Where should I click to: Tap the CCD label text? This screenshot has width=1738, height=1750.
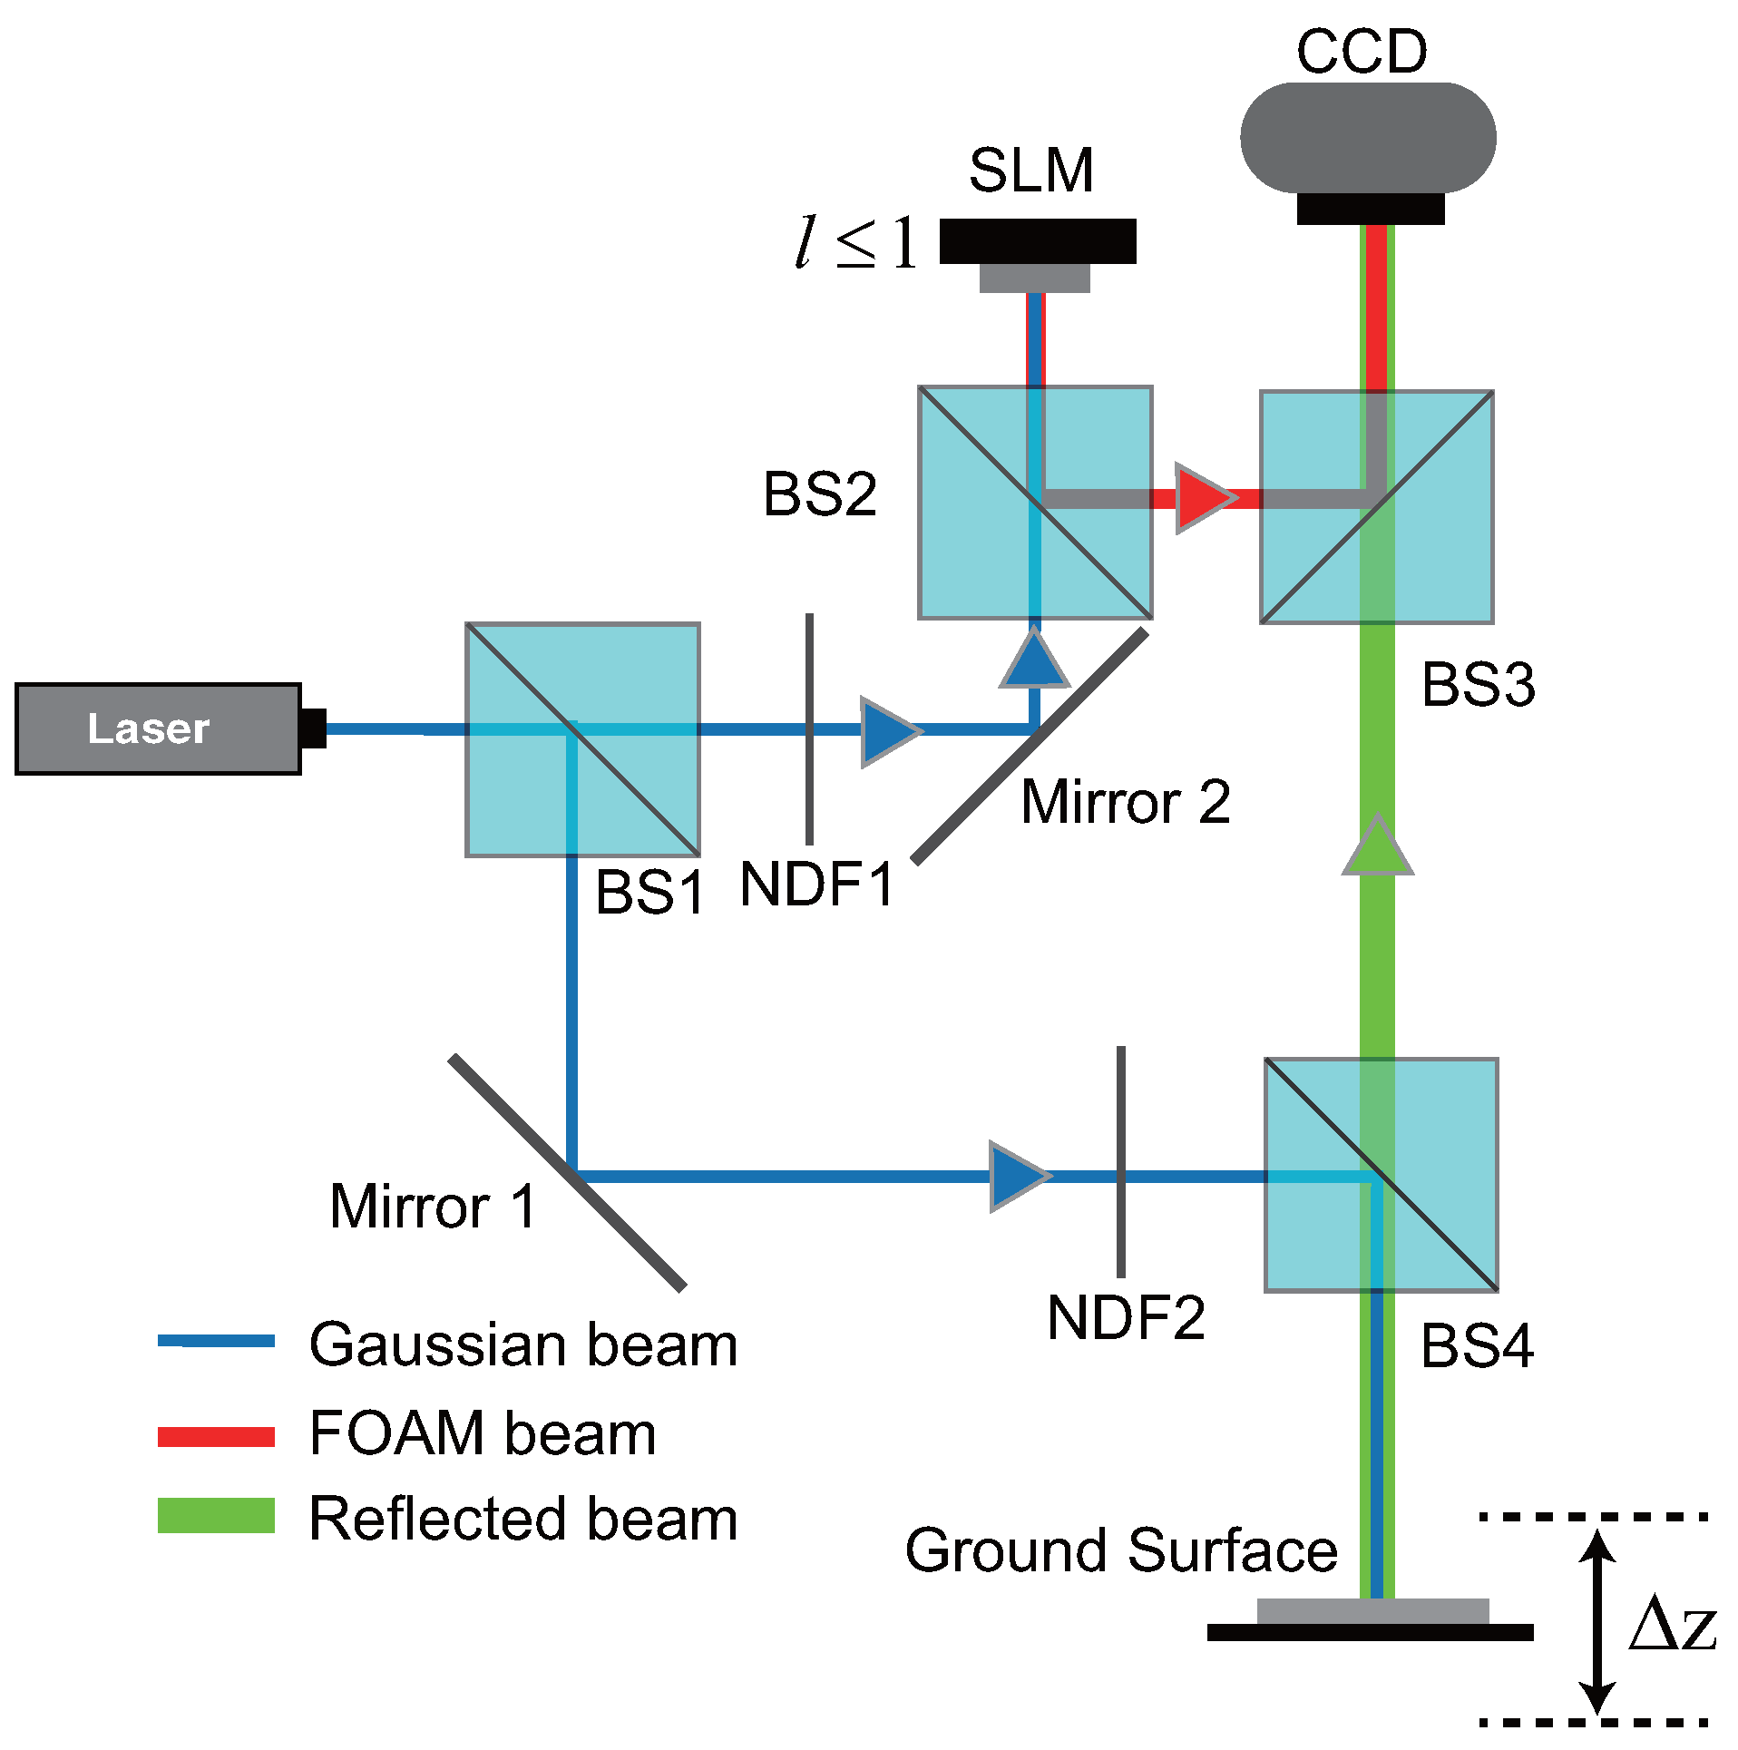click(1361, 52)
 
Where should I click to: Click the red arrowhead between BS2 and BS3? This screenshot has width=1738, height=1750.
click(1203, 498)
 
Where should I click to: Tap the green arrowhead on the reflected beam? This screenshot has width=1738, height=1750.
click(1377, 847)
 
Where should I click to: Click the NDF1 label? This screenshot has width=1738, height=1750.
click(816, 885)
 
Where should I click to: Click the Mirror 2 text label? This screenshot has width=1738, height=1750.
click(1125, 803)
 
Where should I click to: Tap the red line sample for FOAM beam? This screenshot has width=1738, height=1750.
click(216, 1436)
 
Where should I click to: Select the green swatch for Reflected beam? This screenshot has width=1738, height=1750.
click(216, 1515)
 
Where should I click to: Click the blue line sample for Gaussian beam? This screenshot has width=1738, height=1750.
click(216, 1341)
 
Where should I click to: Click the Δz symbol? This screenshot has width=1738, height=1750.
click(1671, 1623)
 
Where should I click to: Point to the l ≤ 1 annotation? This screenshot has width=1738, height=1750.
click(855, 242)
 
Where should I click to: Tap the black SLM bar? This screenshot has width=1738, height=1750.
click(1037, 241)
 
